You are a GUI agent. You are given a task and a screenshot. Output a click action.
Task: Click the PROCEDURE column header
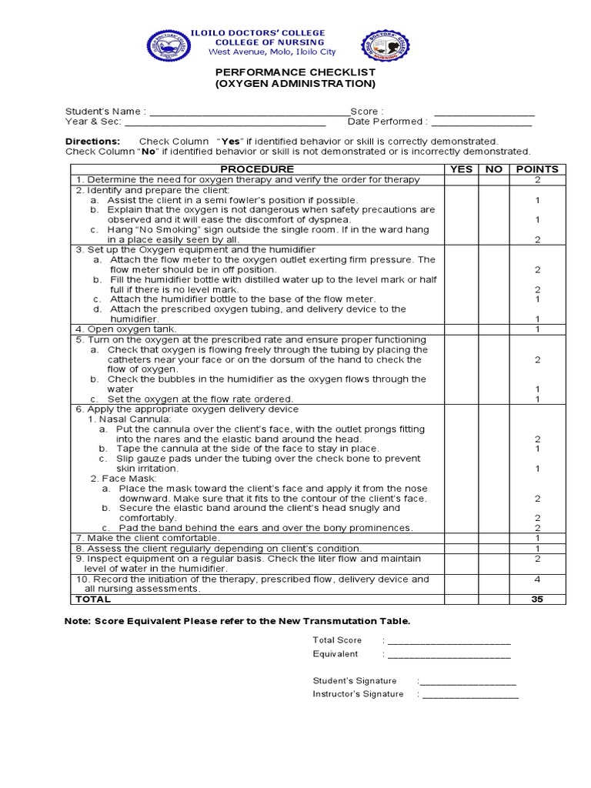257,169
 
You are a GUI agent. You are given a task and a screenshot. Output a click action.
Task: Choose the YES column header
462,169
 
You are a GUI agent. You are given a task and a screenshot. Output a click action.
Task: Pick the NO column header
494,169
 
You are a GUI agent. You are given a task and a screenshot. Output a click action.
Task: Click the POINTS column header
537,169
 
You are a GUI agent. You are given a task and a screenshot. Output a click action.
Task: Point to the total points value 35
537,599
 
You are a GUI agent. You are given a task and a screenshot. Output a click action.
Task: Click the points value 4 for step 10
537,579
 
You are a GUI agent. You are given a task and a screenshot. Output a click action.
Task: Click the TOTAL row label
93,599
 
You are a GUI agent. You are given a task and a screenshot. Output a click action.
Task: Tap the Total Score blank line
449,641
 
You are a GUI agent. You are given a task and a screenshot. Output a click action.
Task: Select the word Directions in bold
92,142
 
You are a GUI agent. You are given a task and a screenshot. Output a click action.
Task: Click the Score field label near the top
366,112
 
